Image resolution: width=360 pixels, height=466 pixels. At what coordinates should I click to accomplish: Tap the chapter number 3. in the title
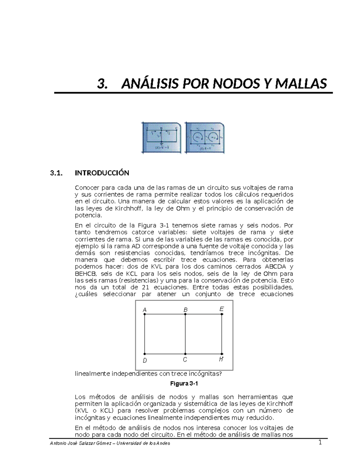click(x=102, y=84)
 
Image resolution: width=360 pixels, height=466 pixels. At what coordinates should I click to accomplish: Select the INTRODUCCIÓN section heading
click(x=102, y=173)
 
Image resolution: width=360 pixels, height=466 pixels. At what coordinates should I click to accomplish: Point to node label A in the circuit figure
click(x=145, y=310)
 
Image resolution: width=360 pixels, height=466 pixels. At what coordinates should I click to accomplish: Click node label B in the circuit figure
click(x=185, y=310)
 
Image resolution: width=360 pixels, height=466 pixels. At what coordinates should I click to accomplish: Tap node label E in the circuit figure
click(x=221, y=309)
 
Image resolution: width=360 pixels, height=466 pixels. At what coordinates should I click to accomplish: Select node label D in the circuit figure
click(x=145, y=360)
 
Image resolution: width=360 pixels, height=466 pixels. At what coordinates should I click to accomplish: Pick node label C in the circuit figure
click(x=185, y=360)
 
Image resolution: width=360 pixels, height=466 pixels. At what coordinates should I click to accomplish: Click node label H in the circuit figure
click(x=221, y=359)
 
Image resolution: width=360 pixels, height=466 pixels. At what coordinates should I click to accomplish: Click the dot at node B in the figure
click(x=185, y=314)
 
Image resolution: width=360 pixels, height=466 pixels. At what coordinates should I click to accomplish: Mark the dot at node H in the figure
click(x=222, y=354)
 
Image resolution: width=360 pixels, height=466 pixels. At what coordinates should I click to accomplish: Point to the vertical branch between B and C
click(x=185, y=334)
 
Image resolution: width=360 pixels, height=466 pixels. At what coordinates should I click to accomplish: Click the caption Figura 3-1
click(x=184, y=384)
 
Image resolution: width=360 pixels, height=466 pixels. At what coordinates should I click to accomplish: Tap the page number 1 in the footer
click(x=320, y=443)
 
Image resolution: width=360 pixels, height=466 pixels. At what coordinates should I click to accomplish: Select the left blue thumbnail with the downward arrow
click(x=161, y=138)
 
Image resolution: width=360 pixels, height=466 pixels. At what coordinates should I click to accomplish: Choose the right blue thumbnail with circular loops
click(x=205, y=138)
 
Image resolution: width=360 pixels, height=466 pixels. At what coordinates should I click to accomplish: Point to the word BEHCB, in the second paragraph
click(x=86, y=274)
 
